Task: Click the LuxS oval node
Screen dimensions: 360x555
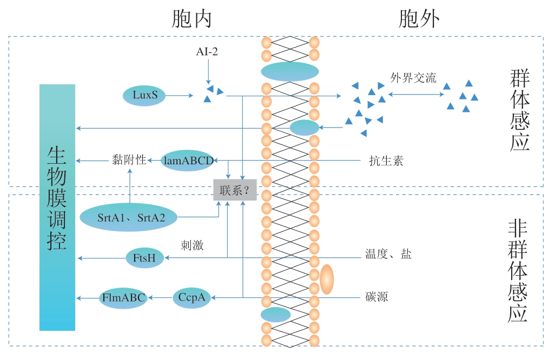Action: (145, 96)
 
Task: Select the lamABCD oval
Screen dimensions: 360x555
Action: (188, 160)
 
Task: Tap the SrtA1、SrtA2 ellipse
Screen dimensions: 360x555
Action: (128, 217)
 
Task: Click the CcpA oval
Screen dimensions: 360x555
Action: (191, 297)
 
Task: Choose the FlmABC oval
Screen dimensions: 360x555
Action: (123, 297)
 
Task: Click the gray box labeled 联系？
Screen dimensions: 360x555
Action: (234, 190)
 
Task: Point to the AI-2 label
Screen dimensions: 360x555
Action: (207, 52)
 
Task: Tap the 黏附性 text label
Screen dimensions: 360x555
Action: (129, 160)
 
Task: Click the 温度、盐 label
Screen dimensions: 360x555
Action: (388, 254)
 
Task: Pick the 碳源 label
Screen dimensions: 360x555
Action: (376, 297)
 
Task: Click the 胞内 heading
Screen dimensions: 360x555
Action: (191, 19)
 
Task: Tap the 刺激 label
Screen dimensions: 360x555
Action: (192, 245)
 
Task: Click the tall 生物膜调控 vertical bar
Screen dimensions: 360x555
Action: (57, 207)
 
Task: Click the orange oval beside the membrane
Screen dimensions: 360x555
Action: (327, 279)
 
